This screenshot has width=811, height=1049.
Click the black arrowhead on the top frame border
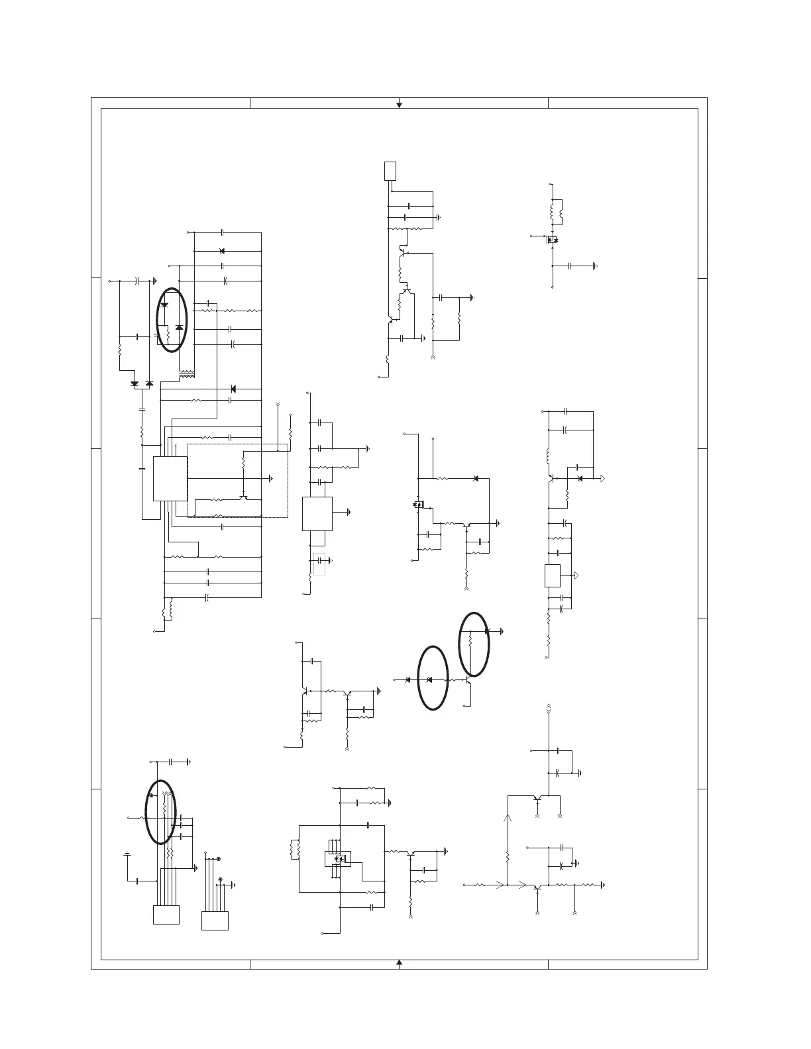[x=399, y=104]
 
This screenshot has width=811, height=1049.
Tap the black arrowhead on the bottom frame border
[x=399, y=962]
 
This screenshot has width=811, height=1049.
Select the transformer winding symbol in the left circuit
[x=187, y=375]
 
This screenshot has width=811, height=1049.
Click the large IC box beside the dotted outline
[x=170, y=478]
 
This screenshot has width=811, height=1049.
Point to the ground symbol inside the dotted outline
[x=271, y=477]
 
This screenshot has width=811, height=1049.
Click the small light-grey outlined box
[x=319, y=564]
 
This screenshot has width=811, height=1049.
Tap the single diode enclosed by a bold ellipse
[x=429, y=680]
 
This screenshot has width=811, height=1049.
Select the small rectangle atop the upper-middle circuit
[x=390, y=170]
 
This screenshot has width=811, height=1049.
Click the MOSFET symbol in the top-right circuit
[x=552, y=239]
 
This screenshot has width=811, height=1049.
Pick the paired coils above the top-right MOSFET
[x=556, y=211]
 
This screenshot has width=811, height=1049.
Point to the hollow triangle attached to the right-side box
[x=576, y=575]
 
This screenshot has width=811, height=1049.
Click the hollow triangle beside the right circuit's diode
[x=602, y=478]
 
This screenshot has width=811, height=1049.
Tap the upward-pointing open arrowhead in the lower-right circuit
[x=508, y=819]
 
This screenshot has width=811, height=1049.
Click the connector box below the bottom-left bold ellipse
[x=166, y=915]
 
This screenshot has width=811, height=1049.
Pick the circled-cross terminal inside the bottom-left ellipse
[x=152, y=795]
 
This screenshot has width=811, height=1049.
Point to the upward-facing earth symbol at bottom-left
[x=127, y=854]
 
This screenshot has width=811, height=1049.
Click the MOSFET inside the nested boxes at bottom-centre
[x=341, y=858]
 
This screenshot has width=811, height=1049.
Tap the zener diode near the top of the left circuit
[x=221, y=251]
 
